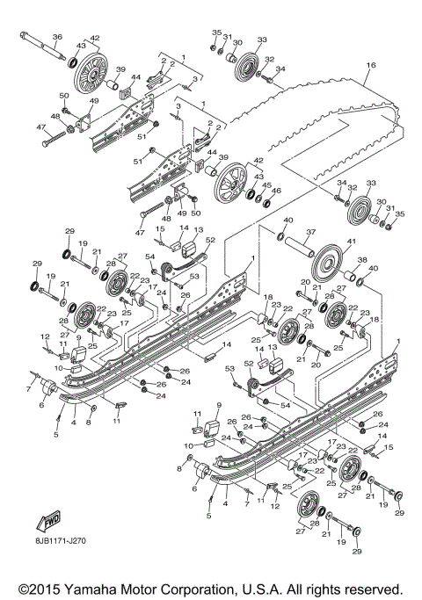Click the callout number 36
pyautogui.click(x=57, y=37)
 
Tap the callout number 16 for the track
pyautogui.click(x=371, y=65)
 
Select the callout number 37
pyautogui.click(x=310, y=233)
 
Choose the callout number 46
pyautogui.click(x=278, y=191)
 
